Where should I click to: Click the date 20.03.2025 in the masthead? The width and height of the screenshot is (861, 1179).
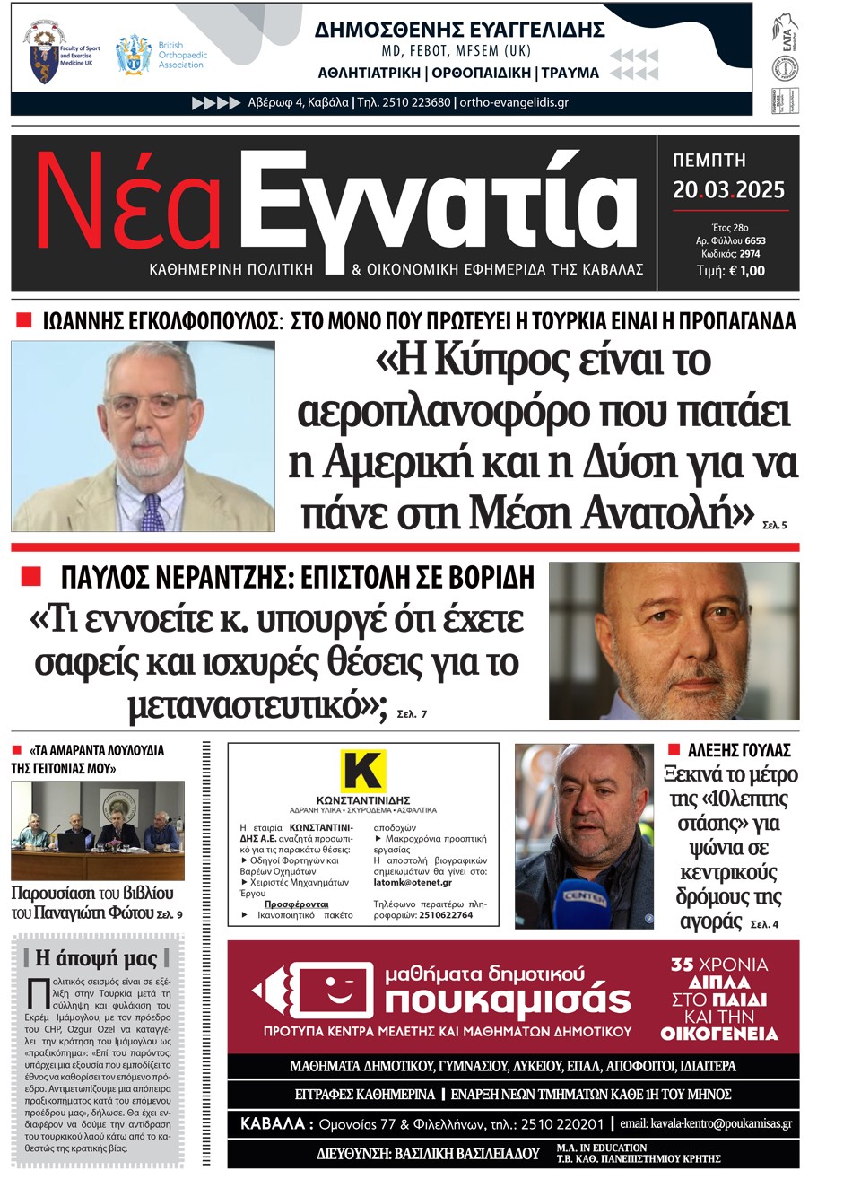tap(728, 190)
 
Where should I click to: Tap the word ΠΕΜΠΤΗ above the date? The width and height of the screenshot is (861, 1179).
tap(709, 161)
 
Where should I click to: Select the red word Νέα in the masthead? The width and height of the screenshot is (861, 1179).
tap(128, 204)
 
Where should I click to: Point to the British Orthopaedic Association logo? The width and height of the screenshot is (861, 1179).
tap(134, 55)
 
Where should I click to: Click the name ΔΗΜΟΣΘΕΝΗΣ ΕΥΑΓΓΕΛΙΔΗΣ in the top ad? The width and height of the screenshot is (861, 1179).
tap(459, 30)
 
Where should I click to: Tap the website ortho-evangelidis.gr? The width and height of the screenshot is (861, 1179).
tap(514, 102)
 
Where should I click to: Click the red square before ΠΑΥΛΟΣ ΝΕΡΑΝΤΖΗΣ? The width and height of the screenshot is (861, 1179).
tap(30, 576)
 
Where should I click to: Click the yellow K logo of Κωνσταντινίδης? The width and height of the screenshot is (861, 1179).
tap(362, 771)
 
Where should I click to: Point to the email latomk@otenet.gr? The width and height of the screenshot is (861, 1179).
tap(413, 883)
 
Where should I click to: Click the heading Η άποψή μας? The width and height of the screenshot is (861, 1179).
tap(96, 958)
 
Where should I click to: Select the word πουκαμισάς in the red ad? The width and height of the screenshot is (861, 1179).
tap(508, 1000)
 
